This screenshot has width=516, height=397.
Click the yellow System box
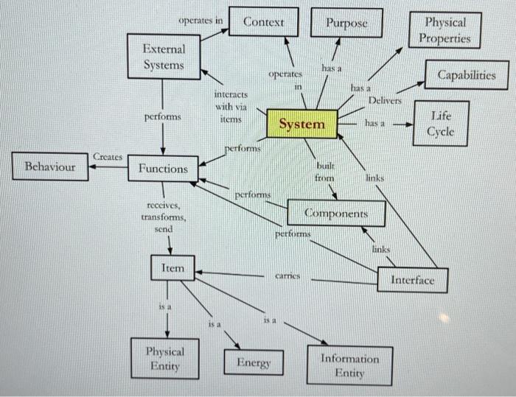pos(301,124)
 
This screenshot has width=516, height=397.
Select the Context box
pos(263,22)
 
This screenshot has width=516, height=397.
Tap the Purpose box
pos(346,23)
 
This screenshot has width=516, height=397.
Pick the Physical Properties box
pos(447,30)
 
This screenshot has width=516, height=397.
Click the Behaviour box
pos(50,166)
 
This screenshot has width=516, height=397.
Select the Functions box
pos(163,169)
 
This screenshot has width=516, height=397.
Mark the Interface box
pos(412,280)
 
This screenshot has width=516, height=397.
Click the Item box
pos(172,268)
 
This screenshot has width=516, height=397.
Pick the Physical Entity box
pos(164,359)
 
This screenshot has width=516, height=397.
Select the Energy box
pos(254,363)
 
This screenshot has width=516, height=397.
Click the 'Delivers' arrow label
pos(386,99)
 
